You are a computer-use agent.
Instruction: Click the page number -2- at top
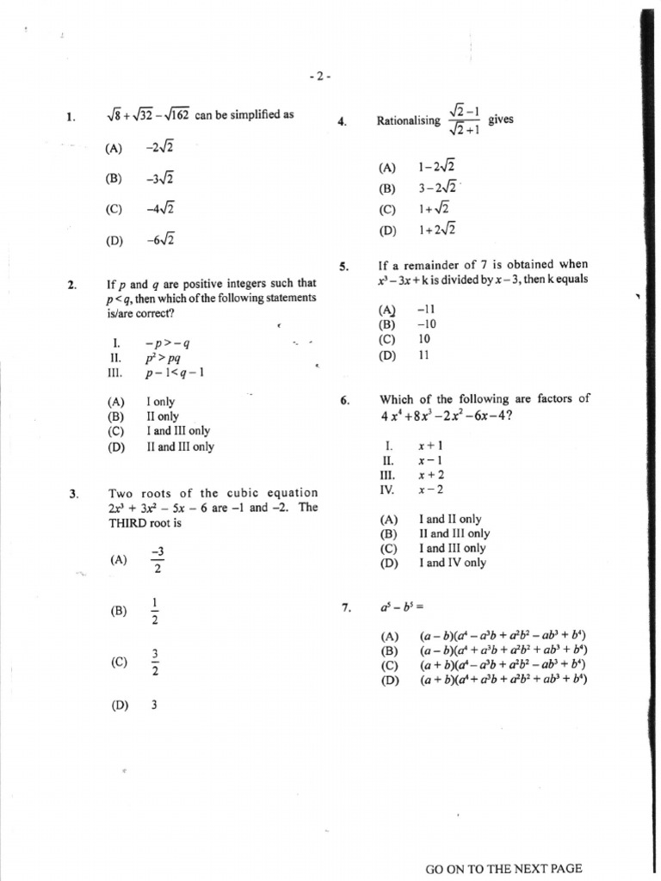click(x=319, y=77)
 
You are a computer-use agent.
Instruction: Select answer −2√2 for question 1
click(x=160, y=148)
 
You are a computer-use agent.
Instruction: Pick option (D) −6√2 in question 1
click(x=160, y=240)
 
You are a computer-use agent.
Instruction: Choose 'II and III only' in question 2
click(x=181, y=447)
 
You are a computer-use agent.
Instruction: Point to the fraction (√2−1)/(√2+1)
click(x=463, y=121)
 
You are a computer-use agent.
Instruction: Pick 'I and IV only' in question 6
click(x=452, y=563)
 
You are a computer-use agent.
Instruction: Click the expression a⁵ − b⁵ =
click(x=398, y=608)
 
